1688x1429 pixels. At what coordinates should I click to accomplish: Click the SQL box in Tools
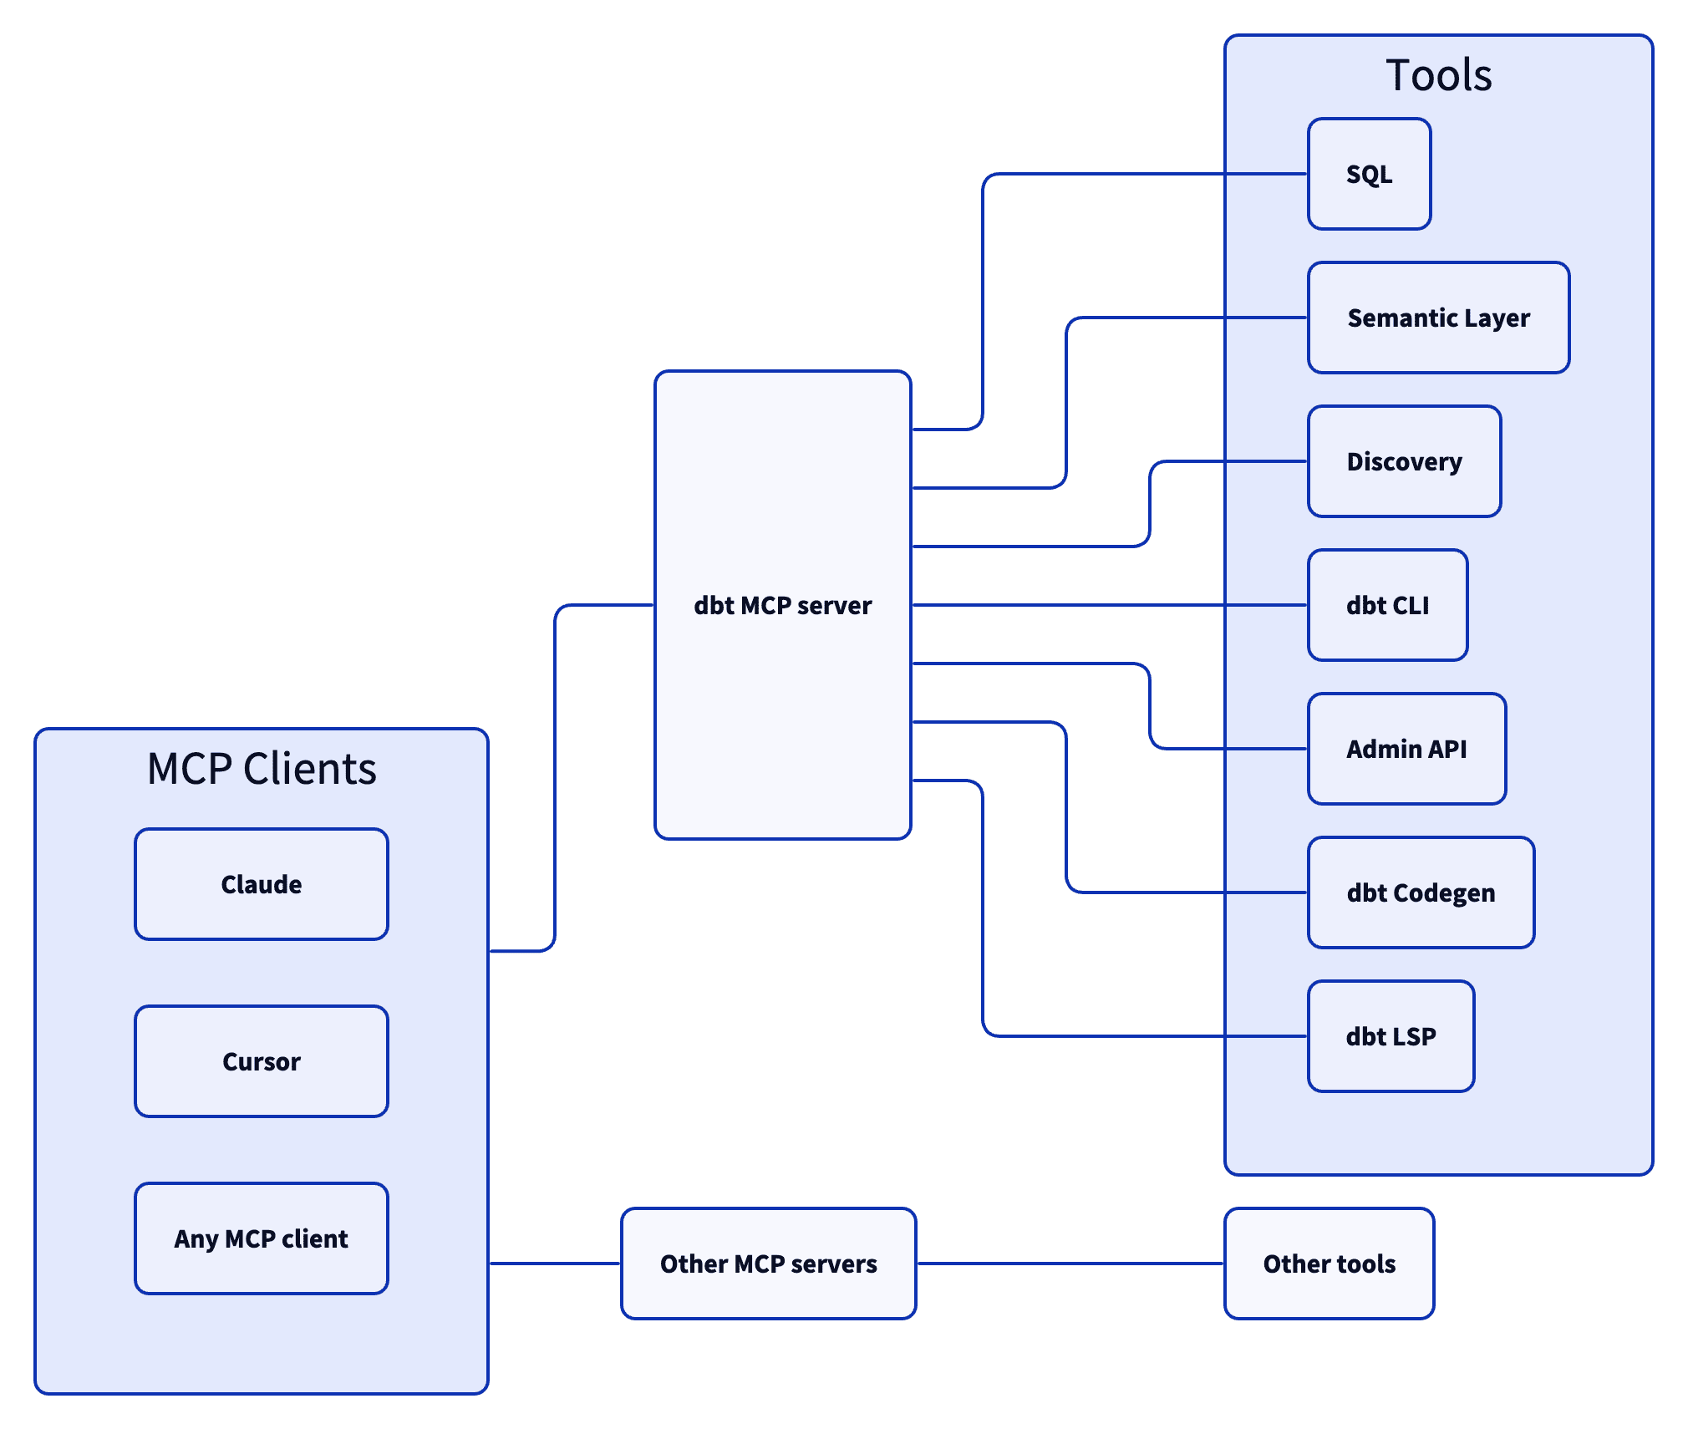pos(1369,174)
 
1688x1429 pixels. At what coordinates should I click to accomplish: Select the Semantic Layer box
pos(1437,318)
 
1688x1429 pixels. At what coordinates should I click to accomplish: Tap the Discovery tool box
pos(1404,461)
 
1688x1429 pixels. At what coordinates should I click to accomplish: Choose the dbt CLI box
pos(1387,605)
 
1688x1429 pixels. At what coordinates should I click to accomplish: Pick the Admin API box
pos(1406,749)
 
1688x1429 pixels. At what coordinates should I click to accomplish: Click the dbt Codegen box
pos(1421,892)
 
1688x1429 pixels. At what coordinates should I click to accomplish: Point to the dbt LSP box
pos(1391,1036)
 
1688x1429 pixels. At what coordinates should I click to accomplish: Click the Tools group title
pos(1438,75)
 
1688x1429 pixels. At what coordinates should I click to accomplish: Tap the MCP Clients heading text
pos(262,769)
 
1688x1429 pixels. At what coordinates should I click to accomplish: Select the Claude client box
pos(262,884)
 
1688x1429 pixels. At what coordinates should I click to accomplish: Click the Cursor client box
pos(262,1061)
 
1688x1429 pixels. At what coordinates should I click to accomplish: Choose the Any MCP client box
pos(262,1238)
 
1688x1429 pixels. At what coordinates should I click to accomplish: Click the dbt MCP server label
pos(782,605)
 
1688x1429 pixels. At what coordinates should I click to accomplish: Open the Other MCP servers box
pos(768,1264)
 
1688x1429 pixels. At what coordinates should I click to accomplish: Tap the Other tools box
pos(1329,1264)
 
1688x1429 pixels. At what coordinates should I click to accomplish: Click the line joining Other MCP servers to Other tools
pos(1070,1264)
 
